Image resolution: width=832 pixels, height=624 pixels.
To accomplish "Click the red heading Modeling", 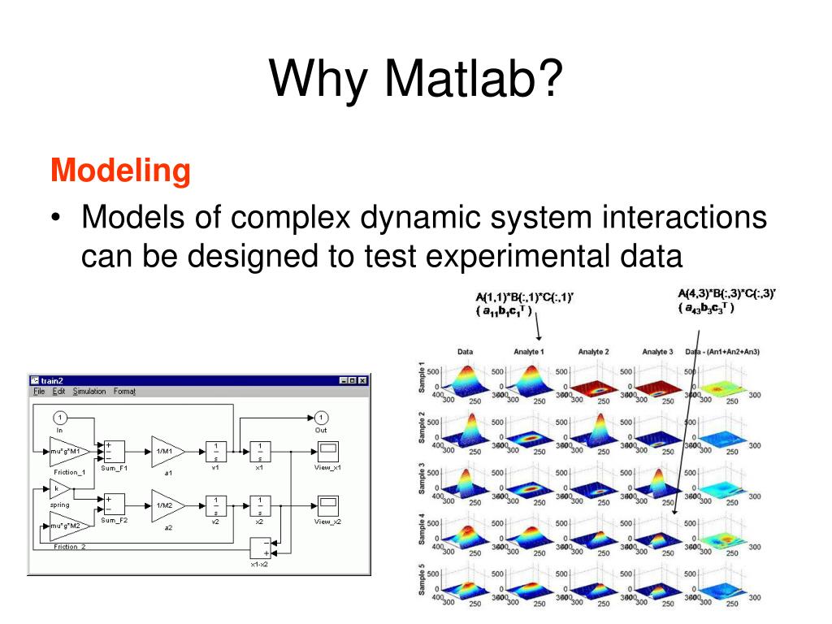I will (120, 171).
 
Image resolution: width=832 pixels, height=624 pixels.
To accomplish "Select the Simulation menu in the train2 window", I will (89, 392).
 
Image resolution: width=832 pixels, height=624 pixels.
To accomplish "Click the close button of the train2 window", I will (362, 379).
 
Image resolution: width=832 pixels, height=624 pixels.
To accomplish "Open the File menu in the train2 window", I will (39, 392).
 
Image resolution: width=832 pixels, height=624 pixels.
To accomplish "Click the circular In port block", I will (59, 418).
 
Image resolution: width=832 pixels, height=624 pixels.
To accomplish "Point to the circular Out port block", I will (321, 418).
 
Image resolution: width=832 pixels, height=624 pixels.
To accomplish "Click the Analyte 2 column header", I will (594, 352).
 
